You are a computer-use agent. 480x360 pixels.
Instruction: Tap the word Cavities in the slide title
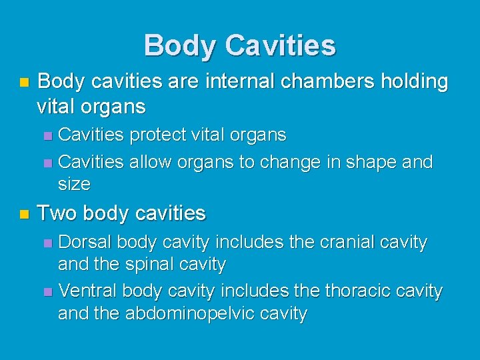click(280, 46)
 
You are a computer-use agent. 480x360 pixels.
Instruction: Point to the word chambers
click(310, 82)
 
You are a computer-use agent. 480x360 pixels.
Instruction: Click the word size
click(74, 183)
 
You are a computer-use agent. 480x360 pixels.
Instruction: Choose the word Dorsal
click(86, 242)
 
